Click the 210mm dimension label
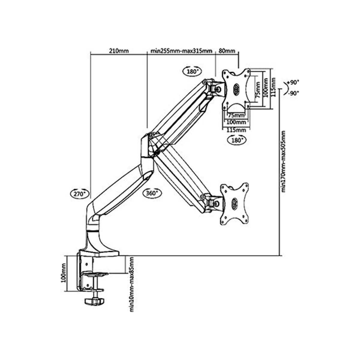[x=118, y=51]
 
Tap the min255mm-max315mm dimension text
[x=181, y=51]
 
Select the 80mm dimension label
[x=227, y=51]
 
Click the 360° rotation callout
[x=152, y=193]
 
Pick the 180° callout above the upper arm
[x=192, y=71]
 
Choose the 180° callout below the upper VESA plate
[x=237, y=140]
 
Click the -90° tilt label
[x=293, y=93]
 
